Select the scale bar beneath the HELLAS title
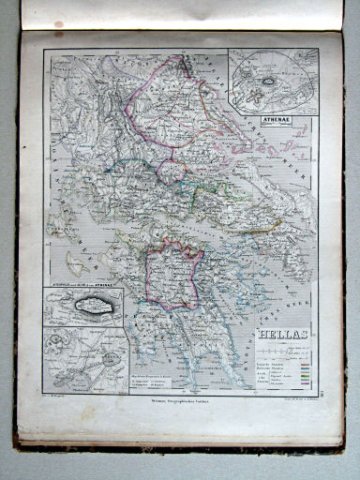281,345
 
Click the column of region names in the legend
266,370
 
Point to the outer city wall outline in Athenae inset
285,66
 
